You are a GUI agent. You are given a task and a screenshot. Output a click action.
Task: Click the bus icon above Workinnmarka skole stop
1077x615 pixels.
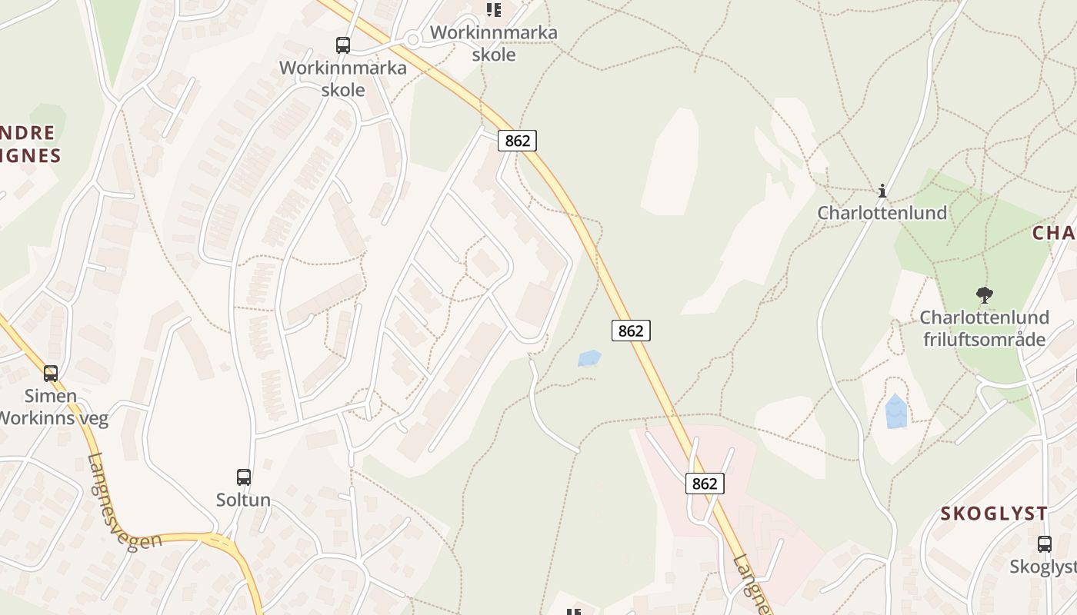click(343, 45)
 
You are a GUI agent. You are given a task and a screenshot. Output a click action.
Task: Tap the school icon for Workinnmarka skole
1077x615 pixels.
click(493, 10)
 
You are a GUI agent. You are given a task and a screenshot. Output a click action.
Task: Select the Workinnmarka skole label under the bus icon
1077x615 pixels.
click(343, 78)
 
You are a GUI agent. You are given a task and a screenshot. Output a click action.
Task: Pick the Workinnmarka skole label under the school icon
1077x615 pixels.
click(494, 44)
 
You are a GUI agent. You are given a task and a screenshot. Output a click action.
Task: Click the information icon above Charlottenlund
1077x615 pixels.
click(882, 191)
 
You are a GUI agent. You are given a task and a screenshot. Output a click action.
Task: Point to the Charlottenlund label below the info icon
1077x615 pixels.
click(882, 213)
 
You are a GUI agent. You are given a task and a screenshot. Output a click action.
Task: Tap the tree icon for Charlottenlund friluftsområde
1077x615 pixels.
click(984, 294)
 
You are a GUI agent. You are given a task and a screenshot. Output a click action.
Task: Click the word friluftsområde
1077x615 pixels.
click(984, 339)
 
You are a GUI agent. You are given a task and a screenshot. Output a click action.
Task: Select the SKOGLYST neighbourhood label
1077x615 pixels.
click(994, 514)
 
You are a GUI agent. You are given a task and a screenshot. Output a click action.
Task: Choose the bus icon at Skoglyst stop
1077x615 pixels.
click(1044, 544)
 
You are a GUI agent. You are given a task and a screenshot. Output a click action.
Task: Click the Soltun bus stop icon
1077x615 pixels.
click(243, 477)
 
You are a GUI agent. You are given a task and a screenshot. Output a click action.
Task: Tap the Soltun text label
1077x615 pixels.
click(243, 500)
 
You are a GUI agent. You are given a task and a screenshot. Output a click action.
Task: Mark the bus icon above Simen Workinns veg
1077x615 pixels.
click(51, 374)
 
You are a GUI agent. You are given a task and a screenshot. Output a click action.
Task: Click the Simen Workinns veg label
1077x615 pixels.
click(51, 407)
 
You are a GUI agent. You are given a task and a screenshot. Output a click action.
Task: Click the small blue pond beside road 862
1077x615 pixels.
click(589, 358)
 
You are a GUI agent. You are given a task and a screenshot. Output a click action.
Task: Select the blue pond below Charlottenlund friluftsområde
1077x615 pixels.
click(895, 412)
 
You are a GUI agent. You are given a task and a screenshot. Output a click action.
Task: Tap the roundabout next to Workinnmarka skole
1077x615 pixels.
click(412, 39)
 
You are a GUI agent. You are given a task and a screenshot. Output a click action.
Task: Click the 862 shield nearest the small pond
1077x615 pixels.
click(631, 331)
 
